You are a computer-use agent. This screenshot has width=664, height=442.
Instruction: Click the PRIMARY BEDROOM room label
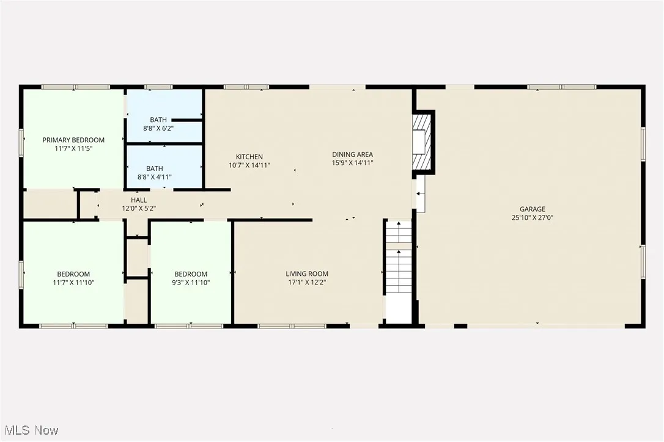point(73,140)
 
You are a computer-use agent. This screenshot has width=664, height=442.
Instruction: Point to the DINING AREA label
point(352,154)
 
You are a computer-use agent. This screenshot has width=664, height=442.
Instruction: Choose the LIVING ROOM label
point(307,274)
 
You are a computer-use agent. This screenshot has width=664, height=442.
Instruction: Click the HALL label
point(139,200)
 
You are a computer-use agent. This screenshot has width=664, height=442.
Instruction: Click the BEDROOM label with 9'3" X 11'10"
point(191,274)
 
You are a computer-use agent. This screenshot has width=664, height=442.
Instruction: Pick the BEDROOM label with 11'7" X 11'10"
point(73,274)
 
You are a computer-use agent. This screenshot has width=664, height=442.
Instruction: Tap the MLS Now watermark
point(30,430)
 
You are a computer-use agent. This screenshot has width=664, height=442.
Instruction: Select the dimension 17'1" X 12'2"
point(307,282)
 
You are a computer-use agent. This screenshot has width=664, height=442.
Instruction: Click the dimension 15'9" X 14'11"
point(352,163)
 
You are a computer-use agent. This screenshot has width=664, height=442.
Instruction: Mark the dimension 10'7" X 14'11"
point(249,165)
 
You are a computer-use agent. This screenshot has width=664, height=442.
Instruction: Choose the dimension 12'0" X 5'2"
point(139,208)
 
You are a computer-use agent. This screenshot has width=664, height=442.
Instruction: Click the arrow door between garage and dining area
point(420,194)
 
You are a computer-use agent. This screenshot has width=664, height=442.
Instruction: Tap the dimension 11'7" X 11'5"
point(73,148)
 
